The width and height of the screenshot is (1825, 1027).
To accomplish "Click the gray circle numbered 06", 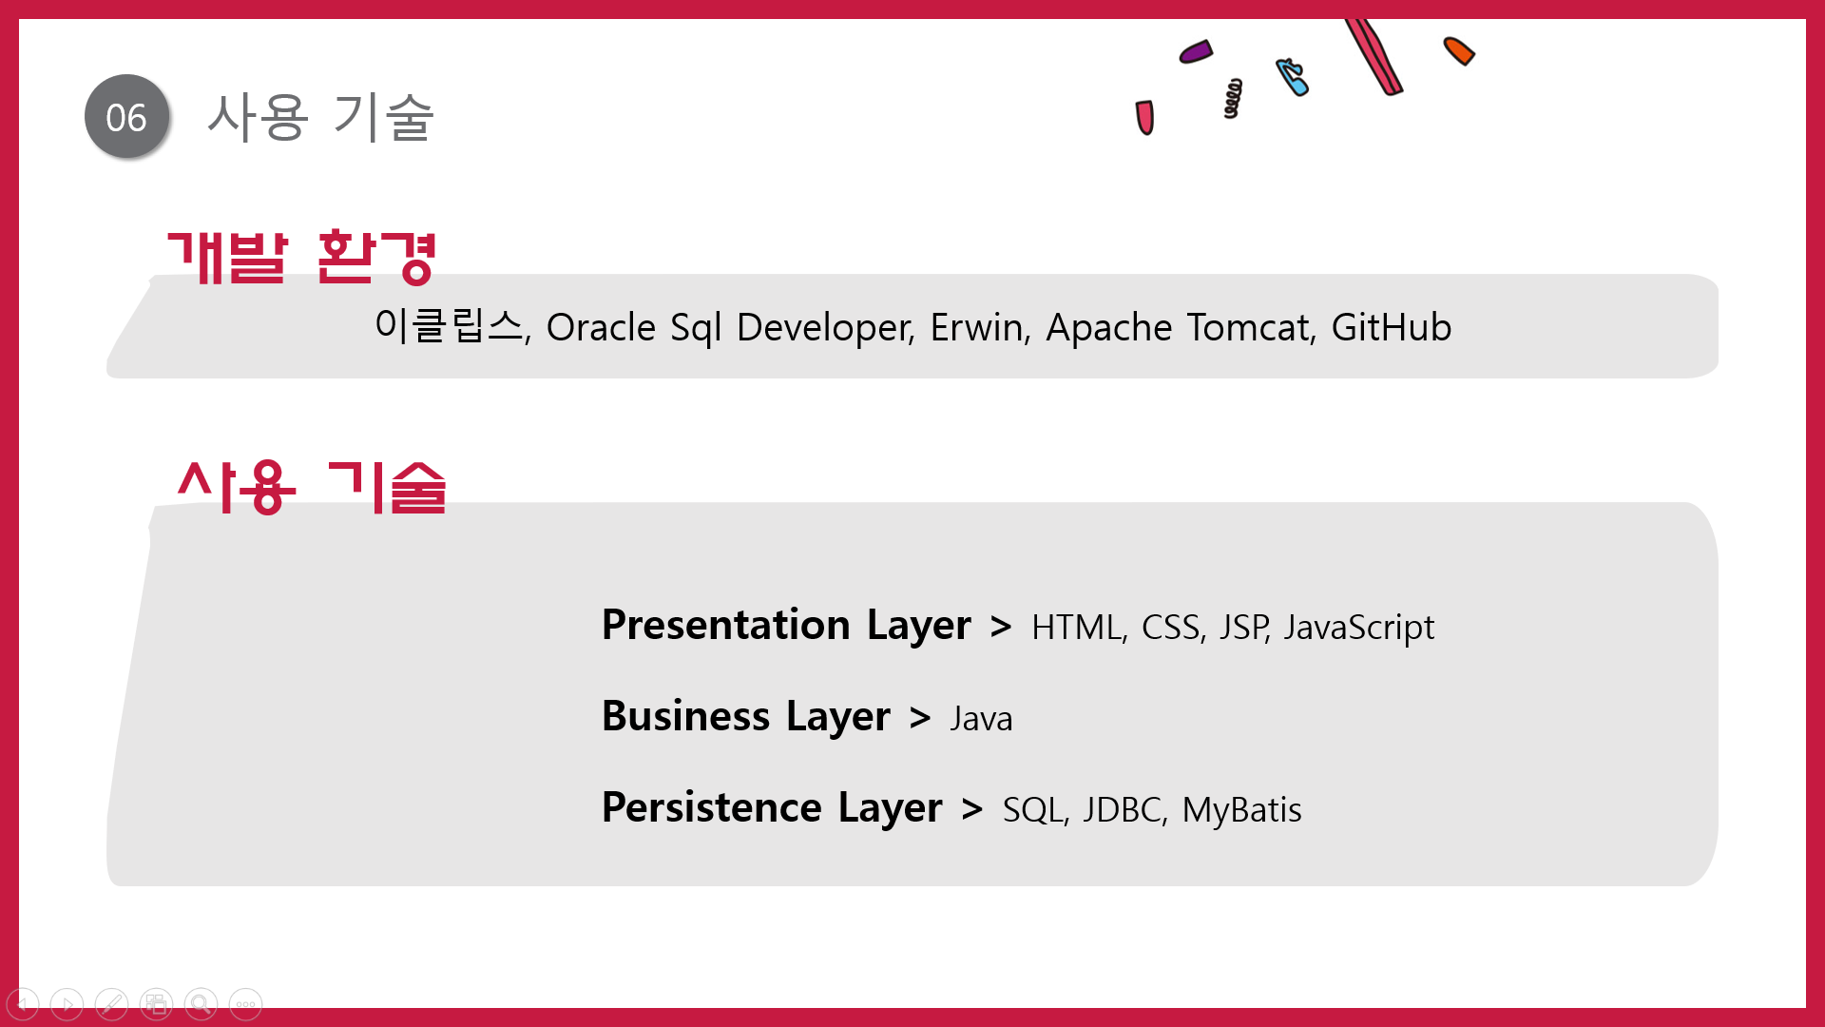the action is coord(126,116).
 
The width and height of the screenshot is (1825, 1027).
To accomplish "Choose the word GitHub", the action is coord(1392,327).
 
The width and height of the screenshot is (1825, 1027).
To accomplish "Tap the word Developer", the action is coord(825,328).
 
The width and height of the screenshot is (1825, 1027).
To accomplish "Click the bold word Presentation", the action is coord(726,625).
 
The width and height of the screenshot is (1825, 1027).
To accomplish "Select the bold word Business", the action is coord(686,716).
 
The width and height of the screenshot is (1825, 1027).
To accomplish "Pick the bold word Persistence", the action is coord(712,807).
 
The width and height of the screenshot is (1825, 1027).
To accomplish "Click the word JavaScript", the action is coord(1359,628).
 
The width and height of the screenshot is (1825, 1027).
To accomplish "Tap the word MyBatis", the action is coord(1242,810).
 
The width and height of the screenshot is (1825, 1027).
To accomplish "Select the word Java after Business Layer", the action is coord(981,719).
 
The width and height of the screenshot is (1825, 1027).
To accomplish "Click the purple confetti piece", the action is coord(1196,51).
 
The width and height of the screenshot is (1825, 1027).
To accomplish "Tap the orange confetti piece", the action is coord(1459,50).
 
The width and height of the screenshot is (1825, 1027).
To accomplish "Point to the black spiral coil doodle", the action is coord(1233,98).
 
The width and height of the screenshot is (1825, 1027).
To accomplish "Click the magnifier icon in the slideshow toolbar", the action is coord(201,1004).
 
